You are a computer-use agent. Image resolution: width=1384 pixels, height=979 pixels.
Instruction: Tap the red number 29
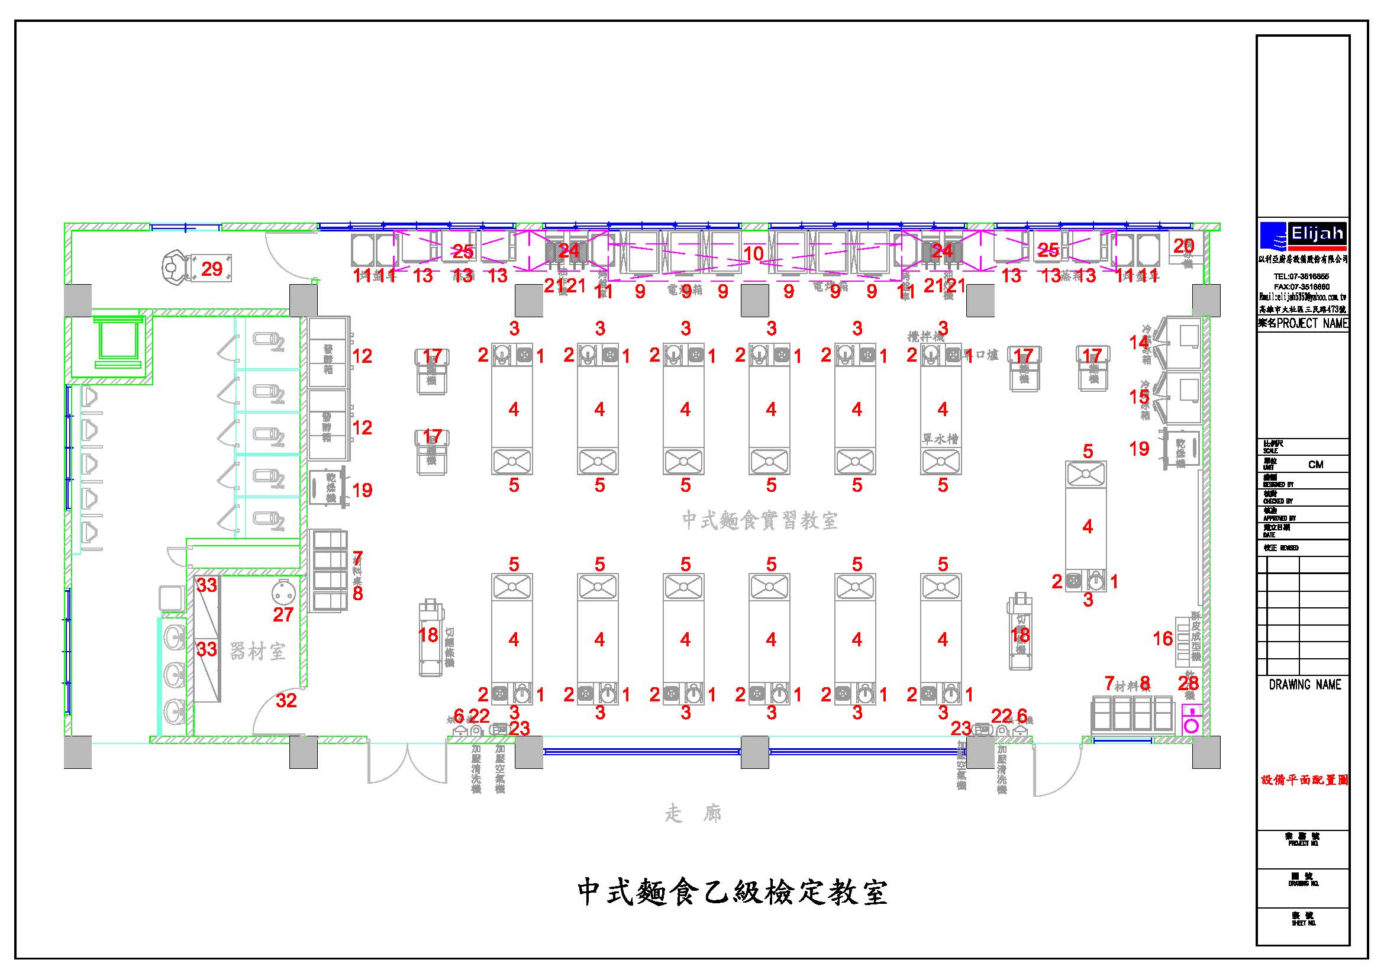[x=212, y=269]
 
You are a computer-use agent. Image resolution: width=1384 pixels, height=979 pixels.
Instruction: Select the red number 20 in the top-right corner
[x=1183, y=246]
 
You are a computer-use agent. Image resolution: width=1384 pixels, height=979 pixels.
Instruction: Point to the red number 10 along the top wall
[x=753, y=254]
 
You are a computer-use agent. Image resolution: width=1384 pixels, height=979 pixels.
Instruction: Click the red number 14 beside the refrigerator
[x=1138, y=342]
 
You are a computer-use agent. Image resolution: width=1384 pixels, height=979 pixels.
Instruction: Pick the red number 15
[x=1138, y=397]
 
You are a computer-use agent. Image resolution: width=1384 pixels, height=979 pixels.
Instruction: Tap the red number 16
[x=1163, y=639]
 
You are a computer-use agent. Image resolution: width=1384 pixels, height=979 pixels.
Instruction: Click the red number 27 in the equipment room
[x=283, y=615]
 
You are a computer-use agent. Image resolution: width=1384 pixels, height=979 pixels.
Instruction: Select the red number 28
[x=1188, y=684]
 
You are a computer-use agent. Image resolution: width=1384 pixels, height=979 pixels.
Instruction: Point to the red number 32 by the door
[x=286, y=700]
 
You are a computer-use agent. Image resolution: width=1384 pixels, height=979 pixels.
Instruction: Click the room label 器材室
[x=258, y=652]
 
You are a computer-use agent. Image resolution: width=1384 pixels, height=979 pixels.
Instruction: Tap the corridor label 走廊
[x=693, y=814]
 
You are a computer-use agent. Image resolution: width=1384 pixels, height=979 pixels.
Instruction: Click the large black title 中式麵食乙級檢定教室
[x=733, y=893]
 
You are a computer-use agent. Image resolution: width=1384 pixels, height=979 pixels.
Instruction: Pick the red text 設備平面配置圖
[x=1305, y=780]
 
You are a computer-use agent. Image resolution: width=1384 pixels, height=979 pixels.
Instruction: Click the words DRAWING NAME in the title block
[x=1305, y=684]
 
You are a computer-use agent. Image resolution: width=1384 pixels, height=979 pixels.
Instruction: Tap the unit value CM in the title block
[x=1316, y=464]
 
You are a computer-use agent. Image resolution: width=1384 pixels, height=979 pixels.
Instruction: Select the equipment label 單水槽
[x=940, y=439]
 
